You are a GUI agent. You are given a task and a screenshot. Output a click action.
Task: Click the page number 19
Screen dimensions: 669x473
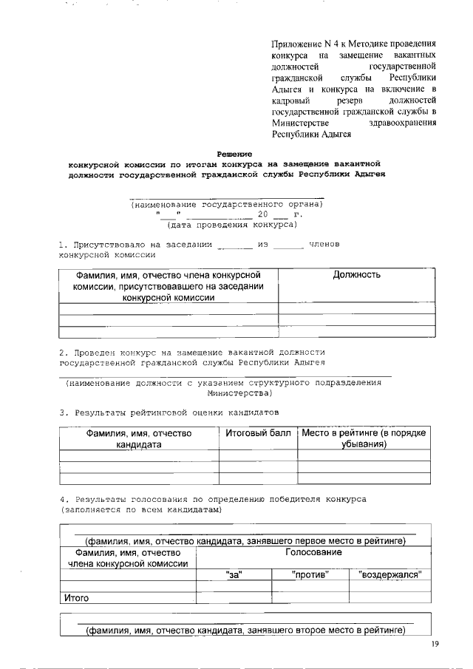pyautogui.click(x=435, y=645)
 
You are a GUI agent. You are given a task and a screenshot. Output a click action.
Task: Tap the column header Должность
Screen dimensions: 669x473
pyautogui.click(x=356, y=275)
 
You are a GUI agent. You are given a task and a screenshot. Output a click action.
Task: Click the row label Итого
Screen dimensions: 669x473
pyautogui.click(x=76, y=599)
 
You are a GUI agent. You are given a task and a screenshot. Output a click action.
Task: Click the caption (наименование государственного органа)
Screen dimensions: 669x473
pyautogui.click(x=227, y=204)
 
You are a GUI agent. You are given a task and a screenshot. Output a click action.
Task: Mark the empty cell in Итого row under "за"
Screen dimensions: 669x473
pyautogui.click(x=234, y=598)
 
